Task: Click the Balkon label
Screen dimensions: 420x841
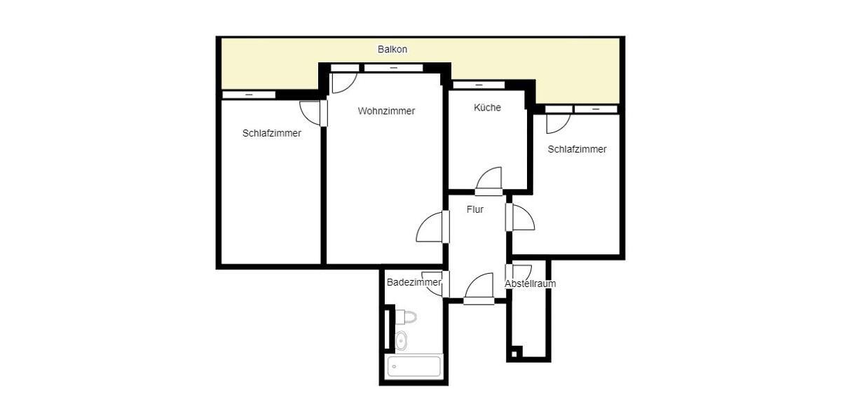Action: [392, 50]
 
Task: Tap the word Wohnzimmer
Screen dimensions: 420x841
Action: [386, 111]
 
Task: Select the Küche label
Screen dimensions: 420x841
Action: [487, 107]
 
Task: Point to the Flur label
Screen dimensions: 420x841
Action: [475, 209]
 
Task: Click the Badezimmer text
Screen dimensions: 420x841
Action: [413, 282]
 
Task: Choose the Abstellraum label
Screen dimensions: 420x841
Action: [531, 283]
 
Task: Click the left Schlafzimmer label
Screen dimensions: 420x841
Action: [272, 133]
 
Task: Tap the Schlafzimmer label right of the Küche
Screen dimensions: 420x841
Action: [577, 149]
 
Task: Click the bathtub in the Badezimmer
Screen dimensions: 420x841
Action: [414, 366]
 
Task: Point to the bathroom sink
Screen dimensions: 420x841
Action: [401, 341]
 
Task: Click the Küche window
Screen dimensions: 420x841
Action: [479, 85]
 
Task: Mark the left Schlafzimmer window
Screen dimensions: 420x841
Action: [249, 94]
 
